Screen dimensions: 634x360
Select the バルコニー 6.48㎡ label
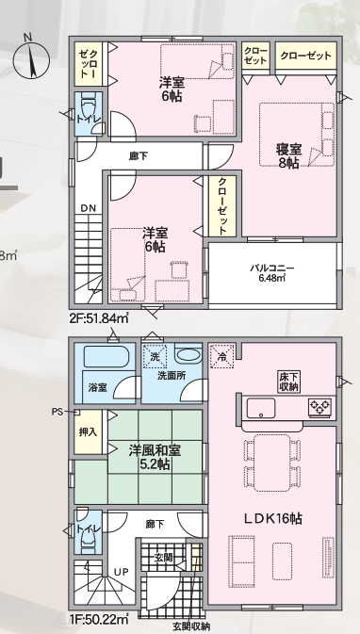tap(272, 272)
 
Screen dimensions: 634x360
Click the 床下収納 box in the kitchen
tap(288, 381)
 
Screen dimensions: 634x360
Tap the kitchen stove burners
tap(319, 408)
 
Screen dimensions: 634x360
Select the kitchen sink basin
tap(260, 408)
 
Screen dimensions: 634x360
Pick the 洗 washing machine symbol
tap(155, 356)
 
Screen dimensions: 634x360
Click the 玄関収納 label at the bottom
tap(191, 626)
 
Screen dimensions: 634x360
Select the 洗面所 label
tap(171, 376)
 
